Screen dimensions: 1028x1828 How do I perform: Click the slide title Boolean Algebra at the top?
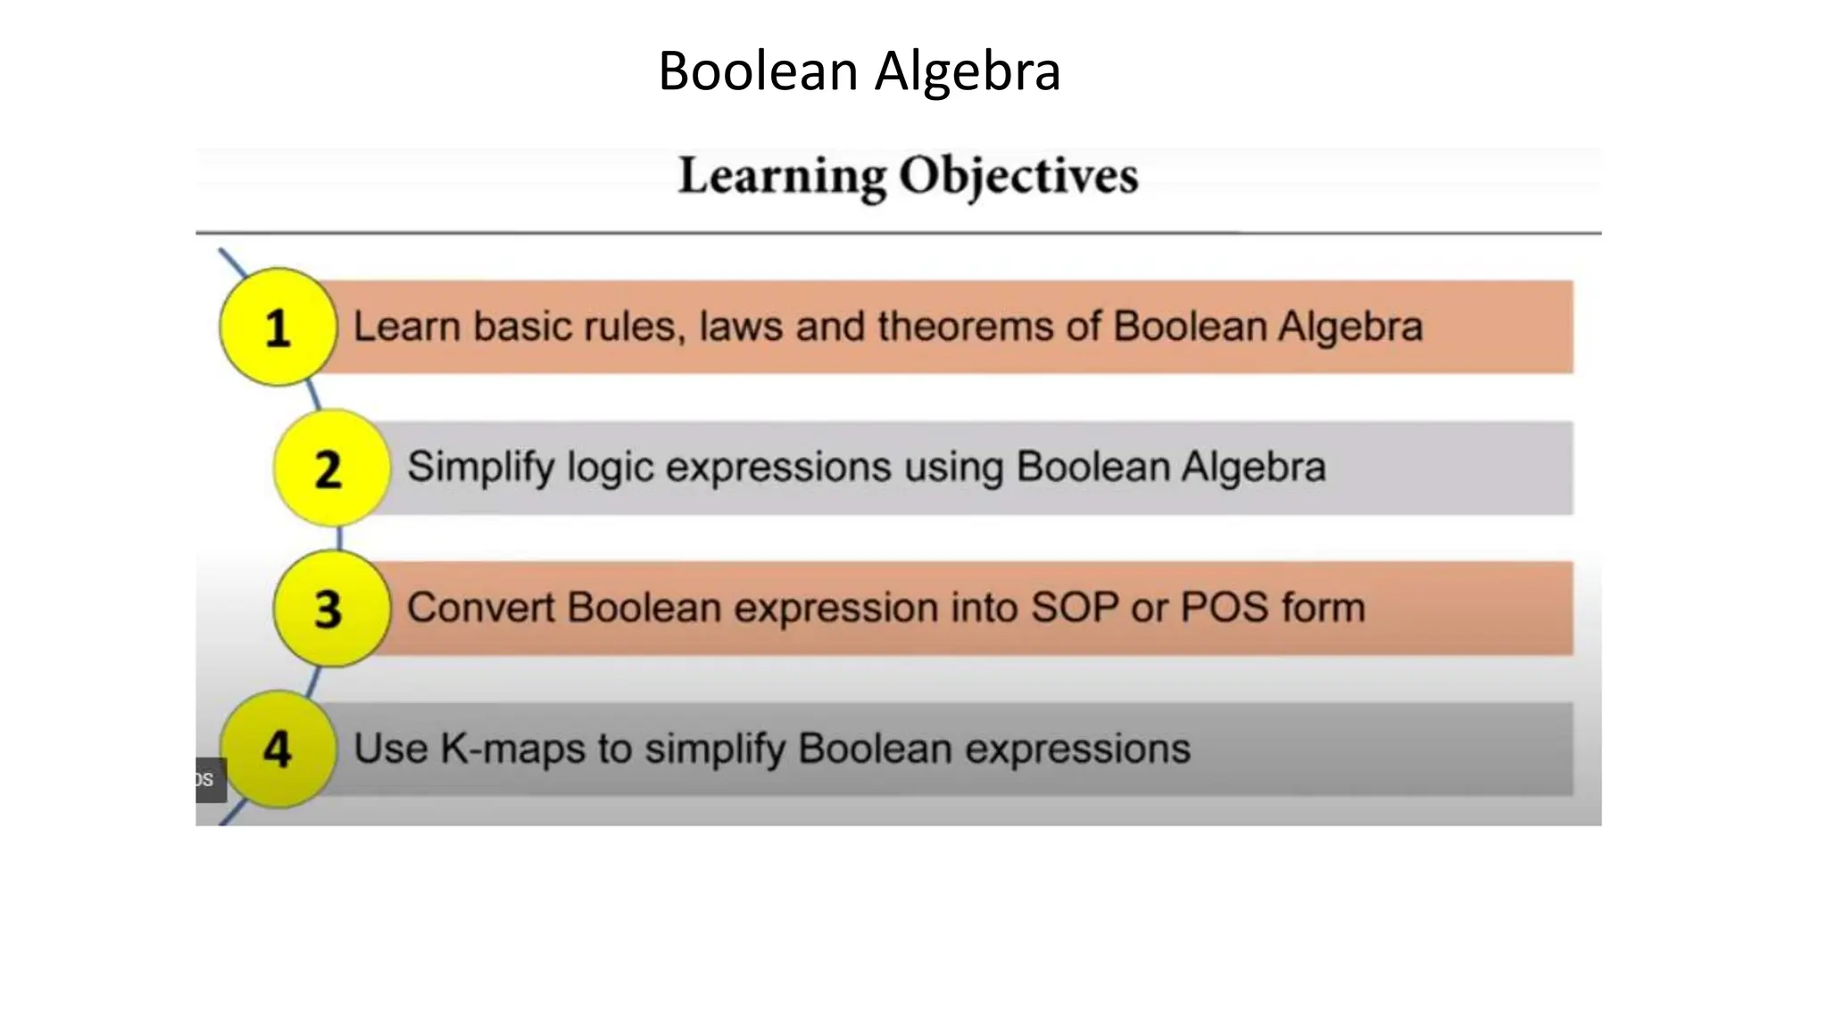[x=859, y=71]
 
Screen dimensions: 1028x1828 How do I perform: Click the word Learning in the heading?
[x=782, y=176]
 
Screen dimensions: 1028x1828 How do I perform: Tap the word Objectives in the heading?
[x=1018, y=176]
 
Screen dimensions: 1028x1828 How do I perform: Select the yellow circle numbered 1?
[x=278, y=327]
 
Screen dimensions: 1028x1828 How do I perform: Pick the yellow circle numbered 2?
[x=330, y=468]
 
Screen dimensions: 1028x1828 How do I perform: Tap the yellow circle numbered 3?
[x=330, y=609]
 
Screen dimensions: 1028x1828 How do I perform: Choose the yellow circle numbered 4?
[x=278, y=749]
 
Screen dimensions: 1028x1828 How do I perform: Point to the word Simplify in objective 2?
[x=479, y=468]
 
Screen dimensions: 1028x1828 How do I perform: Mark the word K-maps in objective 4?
[x=513, y=750]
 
